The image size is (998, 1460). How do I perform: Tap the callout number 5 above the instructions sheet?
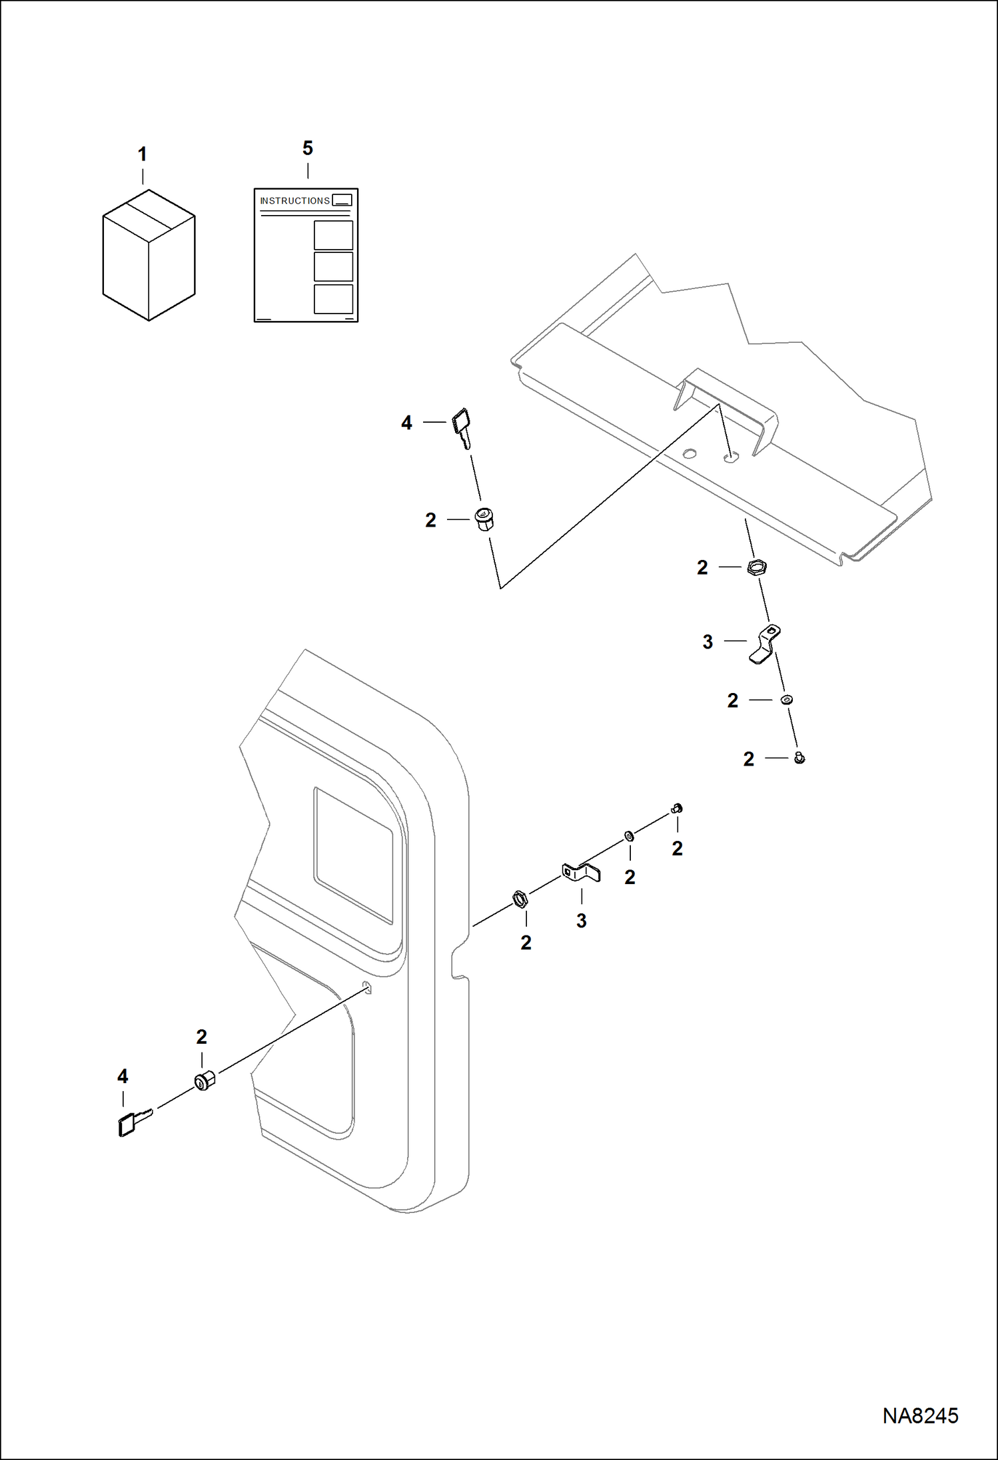[307, 148]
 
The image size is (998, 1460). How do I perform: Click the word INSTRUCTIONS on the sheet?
[294, 200]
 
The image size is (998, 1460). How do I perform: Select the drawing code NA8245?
[920, 1415]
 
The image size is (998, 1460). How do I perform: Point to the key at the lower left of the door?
[133, 1122]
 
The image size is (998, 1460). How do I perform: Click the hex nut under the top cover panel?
[756, 568]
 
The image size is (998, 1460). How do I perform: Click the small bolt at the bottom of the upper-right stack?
[799, 758]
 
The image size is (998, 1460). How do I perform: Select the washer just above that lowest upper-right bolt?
[787, 700]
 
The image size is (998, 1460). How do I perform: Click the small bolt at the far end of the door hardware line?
[677, 809]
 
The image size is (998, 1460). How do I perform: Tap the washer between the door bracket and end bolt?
[628, 836]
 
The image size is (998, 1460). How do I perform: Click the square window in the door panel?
[353, 854]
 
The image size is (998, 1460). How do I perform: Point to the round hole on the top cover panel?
[690, 454]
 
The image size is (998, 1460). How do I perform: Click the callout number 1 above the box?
[142, 154]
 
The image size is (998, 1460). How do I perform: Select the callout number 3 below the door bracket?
[581, 921]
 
